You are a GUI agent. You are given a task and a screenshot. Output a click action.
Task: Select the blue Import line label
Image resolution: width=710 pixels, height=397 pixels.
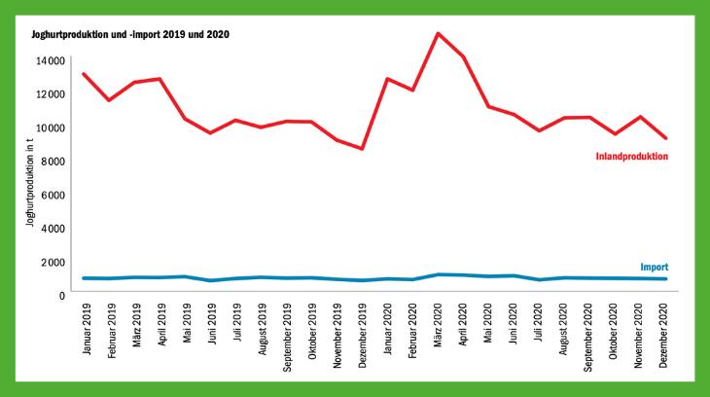654,267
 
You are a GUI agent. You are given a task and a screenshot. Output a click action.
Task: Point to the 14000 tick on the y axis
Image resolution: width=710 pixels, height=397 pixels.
51,60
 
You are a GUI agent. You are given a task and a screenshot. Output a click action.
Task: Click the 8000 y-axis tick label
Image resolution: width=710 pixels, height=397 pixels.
53,161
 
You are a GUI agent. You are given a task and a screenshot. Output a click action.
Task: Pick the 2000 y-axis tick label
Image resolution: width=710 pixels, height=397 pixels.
53,261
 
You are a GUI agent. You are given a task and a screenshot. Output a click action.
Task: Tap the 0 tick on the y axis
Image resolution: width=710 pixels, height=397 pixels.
61,294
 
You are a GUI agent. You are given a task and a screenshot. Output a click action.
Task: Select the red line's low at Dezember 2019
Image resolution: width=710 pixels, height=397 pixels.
362,149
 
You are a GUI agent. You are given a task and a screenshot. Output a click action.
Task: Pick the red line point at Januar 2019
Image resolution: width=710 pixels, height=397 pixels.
85,74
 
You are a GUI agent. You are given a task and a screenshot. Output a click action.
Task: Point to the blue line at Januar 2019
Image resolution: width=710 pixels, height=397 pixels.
85,278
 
